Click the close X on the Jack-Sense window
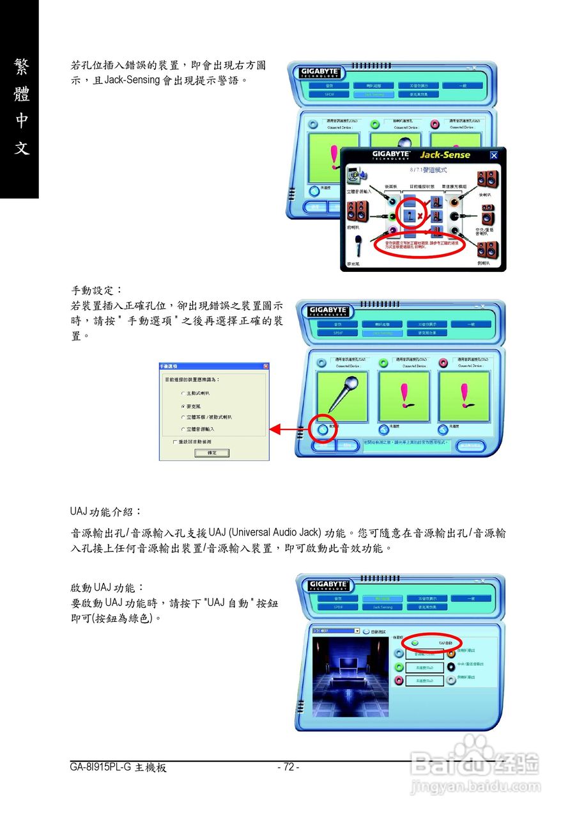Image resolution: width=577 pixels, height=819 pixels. pyautogui.click(x=493, y=155)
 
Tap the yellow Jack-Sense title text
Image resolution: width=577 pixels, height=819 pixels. pyautogui.click(x=445, y=155)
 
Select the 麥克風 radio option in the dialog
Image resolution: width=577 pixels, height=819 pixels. pyautogui.click(x=183, y=406)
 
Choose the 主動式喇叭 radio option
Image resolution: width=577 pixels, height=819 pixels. pyautogui.click(x=183, y=393)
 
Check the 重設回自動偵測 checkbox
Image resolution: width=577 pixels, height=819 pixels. pyautogui.click(x=175, y=441)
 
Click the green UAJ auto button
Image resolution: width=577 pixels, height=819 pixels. pyautogui.click(x=415, y=642)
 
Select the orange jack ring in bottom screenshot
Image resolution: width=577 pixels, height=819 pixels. pyautogui.click(x=451, y=653)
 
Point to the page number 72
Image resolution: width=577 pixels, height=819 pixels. pyautogui.click(x=288, y=767)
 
